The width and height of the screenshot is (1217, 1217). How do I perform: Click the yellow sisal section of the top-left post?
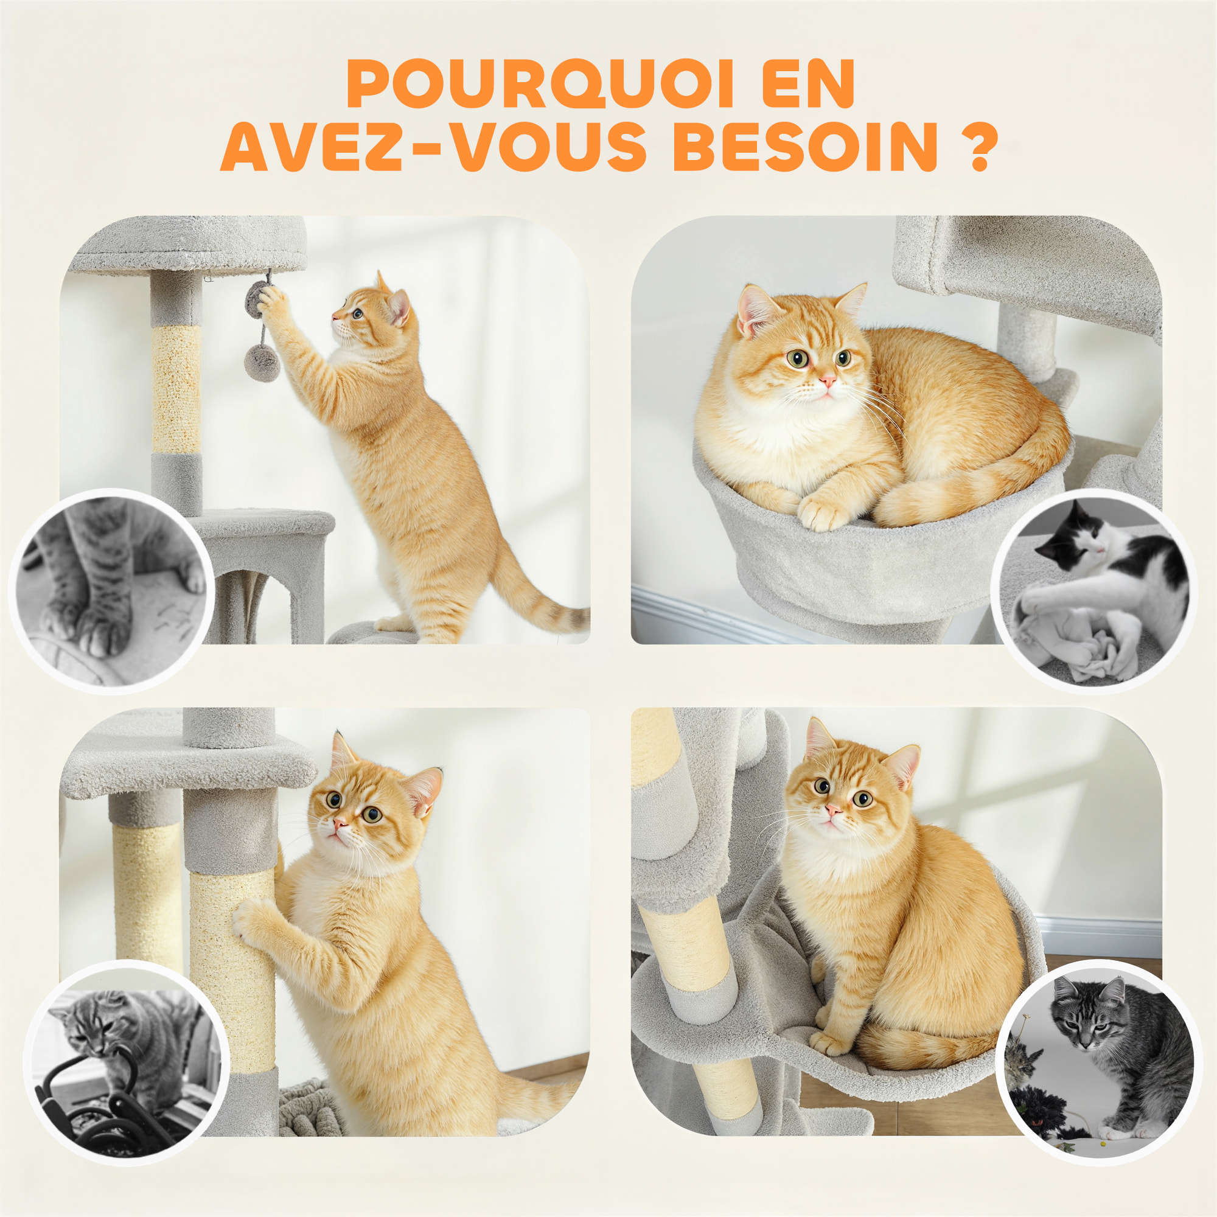(x=176, y=388)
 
